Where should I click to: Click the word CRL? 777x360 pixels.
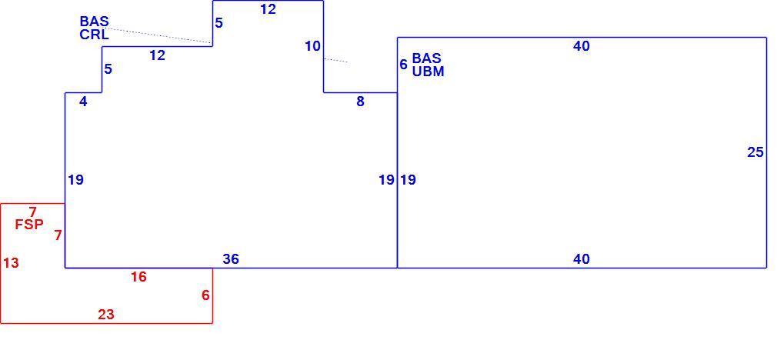(94, 35)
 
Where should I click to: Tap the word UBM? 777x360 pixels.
(429, 72)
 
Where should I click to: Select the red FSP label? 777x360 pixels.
(29, 225)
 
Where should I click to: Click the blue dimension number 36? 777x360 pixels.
(231, 259)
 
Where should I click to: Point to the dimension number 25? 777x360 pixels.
(755, 152)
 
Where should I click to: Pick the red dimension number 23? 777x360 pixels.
(106, 315)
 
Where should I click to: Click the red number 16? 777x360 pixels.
(138, 277)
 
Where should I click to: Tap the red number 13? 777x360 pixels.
(11, 263)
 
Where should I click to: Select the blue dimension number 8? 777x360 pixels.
(360, 102)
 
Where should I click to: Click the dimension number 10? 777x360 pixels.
(312, 47)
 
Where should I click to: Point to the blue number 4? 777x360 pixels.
(83, 102)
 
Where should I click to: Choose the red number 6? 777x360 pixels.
(205, 295)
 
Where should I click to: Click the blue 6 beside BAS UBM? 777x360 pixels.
(403, 65)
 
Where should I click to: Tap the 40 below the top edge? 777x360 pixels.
(582, 47)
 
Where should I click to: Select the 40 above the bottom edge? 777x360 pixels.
(582, 259)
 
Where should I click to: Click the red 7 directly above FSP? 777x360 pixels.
(33, 213)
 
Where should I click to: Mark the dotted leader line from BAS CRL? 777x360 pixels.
(158, 35)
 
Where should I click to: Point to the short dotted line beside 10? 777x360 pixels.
(335, 61)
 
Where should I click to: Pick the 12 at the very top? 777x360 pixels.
(268, 9)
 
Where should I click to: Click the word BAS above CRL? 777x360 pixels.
(94, 22)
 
